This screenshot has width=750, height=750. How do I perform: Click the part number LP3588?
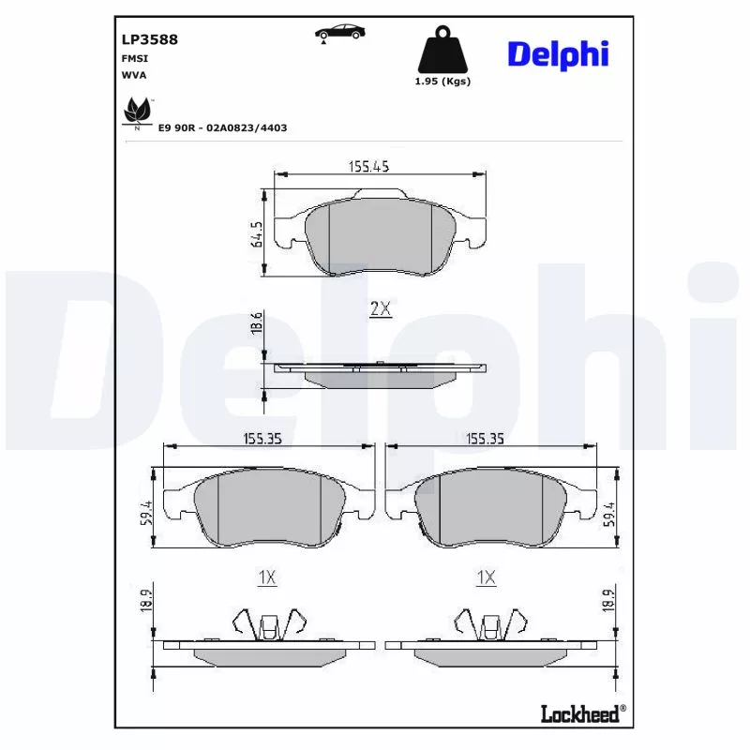coord(150,39)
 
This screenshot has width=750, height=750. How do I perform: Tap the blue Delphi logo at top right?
coord(558,53)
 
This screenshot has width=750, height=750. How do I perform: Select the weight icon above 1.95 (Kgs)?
coord(442,52)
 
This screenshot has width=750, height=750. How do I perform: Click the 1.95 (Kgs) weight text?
coord(442,82)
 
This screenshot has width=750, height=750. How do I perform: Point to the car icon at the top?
coord(338,33)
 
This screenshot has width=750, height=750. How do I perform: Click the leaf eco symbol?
coord(137,112)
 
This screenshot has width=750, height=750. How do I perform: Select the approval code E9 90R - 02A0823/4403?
coord(222,127)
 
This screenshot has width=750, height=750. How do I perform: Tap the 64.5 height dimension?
coord(256,233)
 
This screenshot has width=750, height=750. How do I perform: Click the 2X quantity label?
coord(379,309)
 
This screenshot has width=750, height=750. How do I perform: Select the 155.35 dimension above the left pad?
coord(263,437)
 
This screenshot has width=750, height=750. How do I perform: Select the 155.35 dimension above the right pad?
coord(486,437)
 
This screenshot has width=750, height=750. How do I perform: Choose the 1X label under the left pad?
coord(267,578)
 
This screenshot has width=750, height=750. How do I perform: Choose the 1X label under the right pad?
coord(486,578)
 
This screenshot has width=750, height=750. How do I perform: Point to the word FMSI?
coord(133,58)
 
